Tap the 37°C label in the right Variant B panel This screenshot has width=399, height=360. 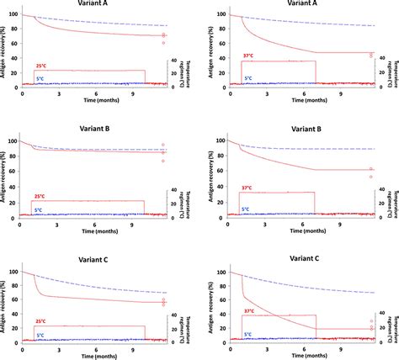(248, 188)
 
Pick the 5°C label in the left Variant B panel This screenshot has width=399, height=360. (40, 209)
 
